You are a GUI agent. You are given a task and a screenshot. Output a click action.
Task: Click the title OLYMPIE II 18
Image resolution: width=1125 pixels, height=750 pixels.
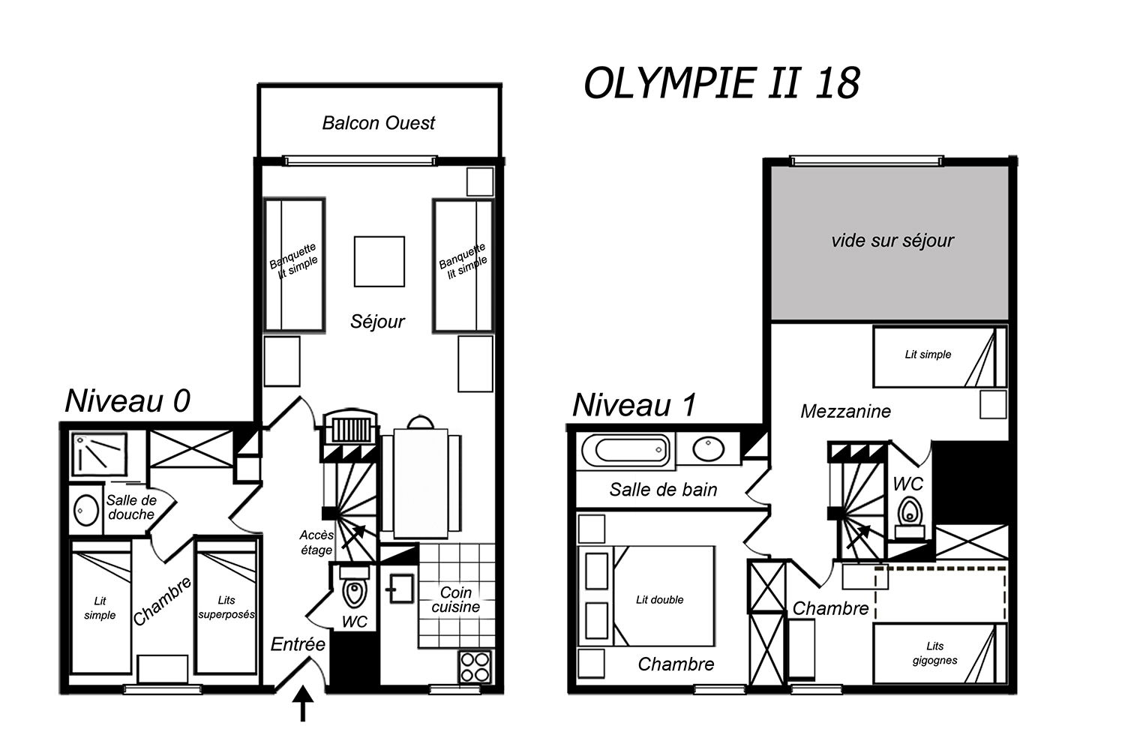click(721, 83)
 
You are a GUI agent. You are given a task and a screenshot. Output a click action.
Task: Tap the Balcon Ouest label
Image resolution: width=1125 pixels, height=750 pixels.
click(379, 123)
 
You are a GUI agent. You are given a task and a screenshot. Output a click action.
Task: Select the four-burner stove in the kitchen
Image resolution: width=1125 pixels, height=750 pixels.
click(475, 667)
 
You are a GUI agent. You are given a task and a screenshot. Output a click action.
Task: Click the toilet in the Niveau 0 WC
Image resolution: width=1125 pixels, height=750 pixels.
click(355, 588)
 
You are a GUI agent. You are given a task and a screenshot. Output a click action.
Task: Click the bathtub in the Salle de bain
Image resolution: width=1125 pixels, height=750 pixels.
click(625, 449)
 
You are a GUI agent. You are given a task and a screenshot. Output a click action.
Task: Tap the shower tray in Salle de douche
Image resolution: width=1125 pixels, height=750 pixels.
click(100, 454)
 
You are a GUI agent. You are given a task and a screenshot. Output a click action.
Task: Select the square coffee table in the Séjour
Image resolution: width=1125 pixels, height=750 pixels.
click(379, 261)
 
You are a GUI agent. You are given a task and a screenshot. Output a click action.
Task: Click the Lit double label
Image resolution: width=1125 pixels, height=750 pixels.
click(659, 600)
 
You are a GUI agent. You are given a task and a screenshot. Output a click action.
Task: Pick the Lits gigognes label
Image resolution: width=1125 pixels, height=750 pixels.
click(934, 653)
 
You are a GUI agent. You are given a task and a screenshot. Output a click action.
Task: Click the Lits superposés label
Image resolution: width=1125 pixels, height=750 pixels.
click(226, 607)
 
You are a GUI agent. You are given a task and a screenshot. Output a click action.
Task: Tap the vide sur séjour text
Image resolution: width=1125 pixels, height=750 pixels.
click(892, 241)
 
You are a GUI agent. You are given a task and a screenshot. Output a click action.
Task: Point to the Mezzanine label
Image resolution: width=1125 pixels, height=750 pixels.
click(846, 412)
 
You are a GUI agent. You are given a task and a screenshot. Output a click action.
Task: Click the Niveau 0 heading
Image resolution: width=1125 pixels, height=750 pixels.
click(127, 400)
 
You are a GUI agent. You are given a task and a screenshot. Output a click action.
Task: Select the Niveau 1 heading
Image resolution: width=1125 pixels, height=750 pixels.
click(634, 404)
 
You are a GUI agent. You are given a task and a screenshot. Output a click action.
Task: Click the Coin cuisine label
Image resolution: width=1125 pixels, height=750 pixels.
click(455, 600)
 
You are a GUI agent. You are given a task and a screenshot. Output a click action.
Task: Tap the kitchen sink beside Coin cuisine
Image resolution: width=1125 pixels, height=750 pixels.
click(400, 589)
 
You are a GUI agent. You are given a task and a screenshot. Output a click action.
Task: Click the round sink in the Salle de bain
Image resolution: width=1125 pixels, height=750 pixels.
click(708, 449)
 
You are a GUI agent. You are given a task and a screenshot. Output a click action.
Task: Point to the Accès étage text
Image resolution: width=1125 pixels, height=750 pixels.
click(316, 542)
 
